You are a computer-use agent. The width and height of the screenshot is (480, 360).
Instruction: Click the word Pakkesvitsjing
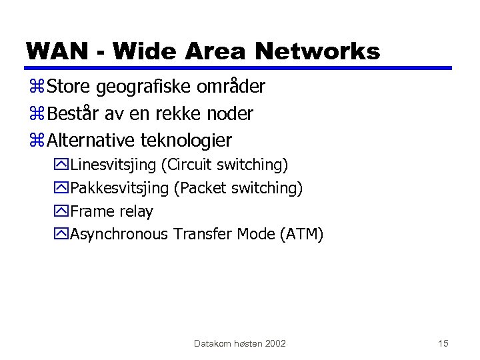(119, 189)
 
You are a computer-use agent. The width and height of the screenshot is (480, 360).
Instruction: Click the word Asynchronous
(119, 234)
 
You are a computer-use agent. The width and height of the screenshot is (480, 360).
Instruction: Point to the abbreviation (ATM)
(301, 234)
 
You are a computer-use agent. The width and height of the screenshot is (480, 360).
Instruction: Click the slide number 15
(443, 343)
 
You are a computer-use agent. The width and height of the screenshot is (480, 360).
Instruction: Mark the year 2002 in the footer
(275, 343)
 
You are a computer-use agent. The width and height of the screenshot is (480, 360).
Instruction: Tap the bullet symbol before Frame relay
(63, 212)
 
